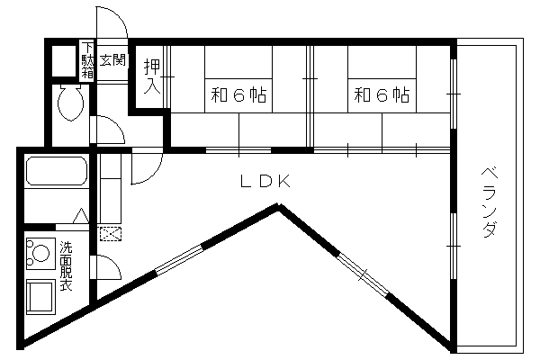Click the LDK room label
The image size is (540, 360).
tap(265, 181)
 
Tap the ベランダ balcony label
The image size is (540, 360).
tap(490, 202)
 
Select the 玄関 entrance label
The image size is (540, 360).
tap(112, 60)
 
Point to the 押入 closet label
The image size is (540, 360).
tap(152, 76)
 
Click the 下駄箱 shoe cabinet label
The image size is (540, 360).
tap(87, 60)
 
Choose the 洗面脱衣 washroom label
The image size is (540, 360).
tap(66, 266)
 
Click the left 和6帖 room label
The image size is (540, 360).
tap(238, 95)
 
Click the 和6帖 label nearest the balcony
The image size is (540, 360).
tap(382, 95)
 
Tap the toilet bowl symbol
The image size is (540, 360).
tap(70, 102)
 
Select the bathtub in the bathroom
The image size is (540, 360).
tap(57, 171)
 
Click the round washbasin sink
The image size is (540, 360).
tap(40, 254)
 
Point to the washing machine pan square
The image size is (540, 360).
tap(40, 297)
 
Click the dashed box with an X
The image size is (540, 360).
tap(111, 234)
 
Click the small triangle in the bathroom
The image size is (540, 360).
tap(81, 216)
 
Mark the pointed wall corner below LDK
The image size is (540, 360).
tap(279, 206)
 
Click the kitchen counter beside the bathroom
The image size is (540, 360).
tap(110, 188)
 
